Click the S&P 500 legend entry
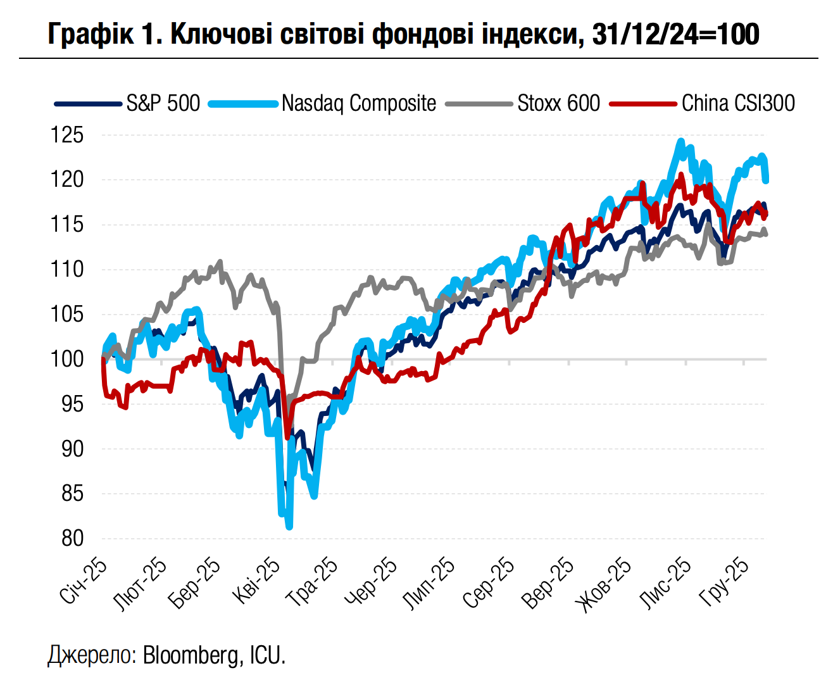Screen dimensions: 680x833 [x=163, y=103]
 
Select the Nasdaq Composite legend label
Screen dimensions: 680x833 [x=359, y=103]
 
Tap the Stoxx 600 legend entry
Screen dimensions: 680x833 [x=558, y=103]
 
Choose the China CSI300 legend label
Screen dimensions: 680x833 [x=738, y=103]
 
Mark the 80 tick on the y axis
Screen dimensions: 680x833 [x=72, y=538]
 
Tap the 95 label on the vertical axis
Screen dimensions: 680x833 [x=72, y=404]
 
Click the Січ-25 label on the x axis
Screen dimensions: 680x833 [x=83, y=582]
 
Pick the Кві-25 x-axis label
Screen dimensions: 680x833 [x=256, y=582]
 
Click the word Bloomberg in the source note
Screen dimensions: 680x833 [x=191, y=655]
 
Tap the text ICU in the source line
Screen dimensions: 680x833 [x=266, y=655]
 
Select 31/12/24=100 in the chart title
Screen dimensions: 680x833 [x=675, y=34]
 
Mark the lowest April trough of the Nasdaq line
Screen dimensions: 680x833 [x=289, y=526]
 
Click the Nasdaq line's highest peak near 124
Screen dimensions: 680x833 [x=681, y=141]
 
